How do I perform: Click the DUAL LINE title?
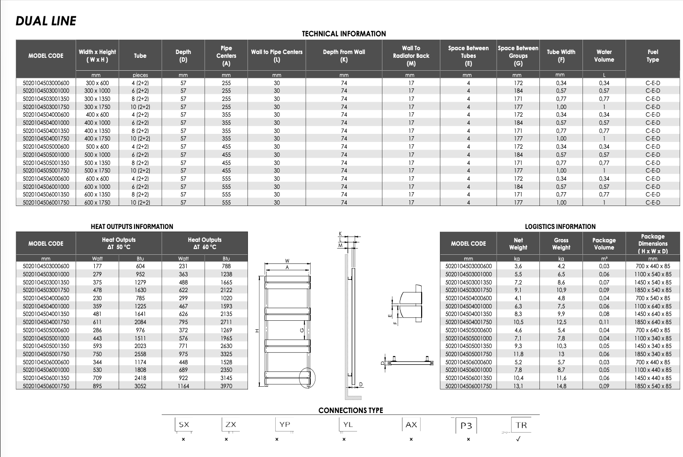point(46,21)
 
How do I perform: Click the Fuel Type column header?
point(652,55)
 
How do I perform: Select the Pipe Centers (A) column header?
point(226,55)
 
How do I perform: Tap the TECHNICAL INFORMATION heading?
point(344,34)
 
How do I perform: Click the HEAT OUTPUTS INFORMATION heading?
point(132,227)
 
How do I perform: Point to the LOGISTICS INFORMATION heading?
point(560,227)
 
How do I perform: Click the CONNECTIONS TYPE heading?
point(351,410)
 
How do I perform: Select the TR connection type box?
point(521,425)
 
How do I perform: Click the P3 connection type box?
point(466,425)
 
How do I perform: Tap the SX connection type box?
point(184,424)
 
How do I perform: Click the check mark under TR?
point(518,439)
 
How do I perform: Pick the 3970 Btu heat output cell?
point(226,386)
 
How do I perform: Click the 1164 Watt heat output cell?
point(183,386)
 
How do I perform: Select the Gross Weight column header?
point(561,244)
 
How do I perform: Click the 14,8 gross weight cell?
point(561,386)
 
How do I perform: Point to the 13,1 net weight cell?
point(518,386)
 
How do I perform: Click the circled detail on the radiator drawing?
point(307,378)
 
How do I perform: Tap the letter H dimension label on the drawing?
point(257,331)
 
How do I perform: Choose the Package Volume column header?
point(604,244)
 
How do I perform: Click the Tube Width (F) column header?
point(561,55)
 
